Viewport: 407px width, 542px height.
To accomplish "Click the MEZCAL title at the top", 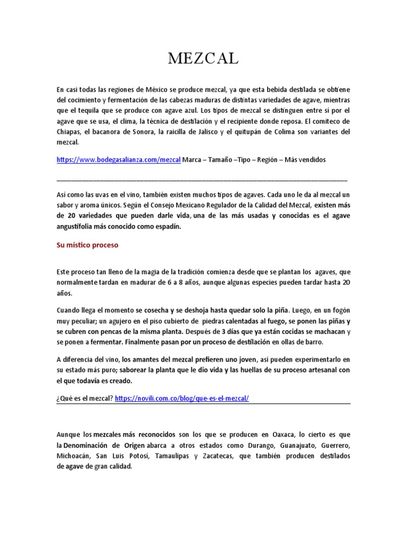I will click(x=203, y=59).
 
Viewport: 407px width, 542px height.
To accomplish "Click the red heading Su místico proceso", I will click(x=87, y=246).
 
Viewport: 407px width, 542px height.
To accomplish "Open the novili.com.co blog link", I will click(x=181, y=398).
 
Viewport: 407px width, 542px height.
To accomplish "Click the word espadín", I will click(x=165, y=227).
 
